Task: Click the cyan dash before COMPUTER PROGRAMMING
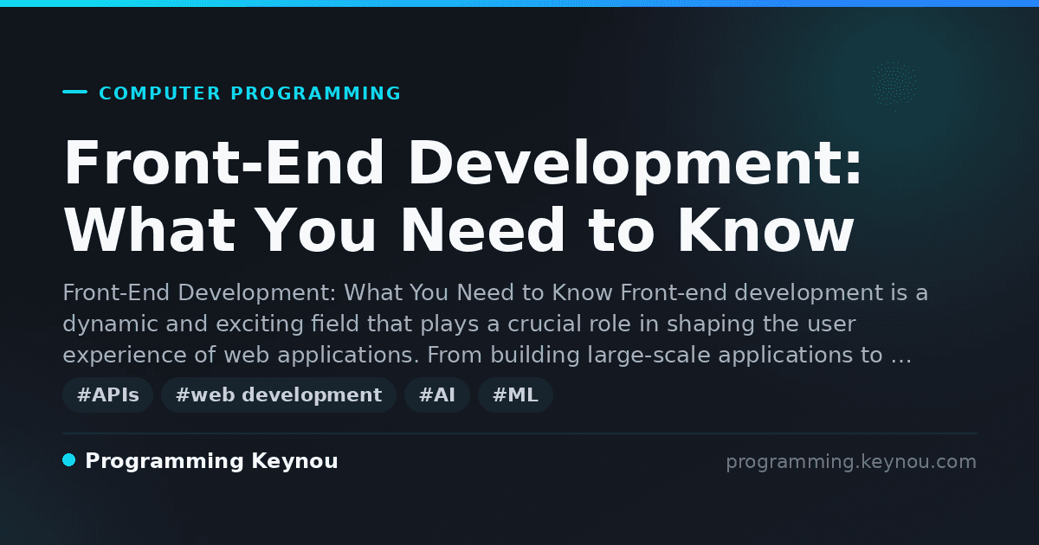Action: [x=74, y=92]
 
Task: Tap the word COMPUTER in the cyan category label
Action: [x=159, y=93]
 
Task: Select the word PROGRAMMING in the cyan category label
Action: [x=315, y=93]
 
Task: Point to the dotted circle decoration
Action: [x=894, y=84]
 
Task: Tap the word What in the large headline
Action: [x=149, y=230]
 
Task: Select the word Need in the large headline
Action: [x=484, y=230]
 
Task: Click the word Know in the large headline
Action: [x=765, y=230]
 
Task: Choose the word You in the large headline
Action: [x=317, y=230]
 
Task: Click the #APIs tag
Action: [x=108, y=394]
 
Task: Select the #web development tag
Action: [x=279, y=394]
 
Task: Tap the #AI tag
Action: [x=437, y=394]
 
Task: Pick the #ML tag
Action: [x=515, y=394]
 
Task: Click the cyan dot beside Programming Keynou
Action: [x=69, y=460]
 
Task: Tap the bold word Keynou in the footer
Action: [x=294, y=462]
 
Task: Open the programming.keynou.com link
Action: [x=851, y=462]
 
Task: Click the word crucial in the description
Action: [x=545, y=324]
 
